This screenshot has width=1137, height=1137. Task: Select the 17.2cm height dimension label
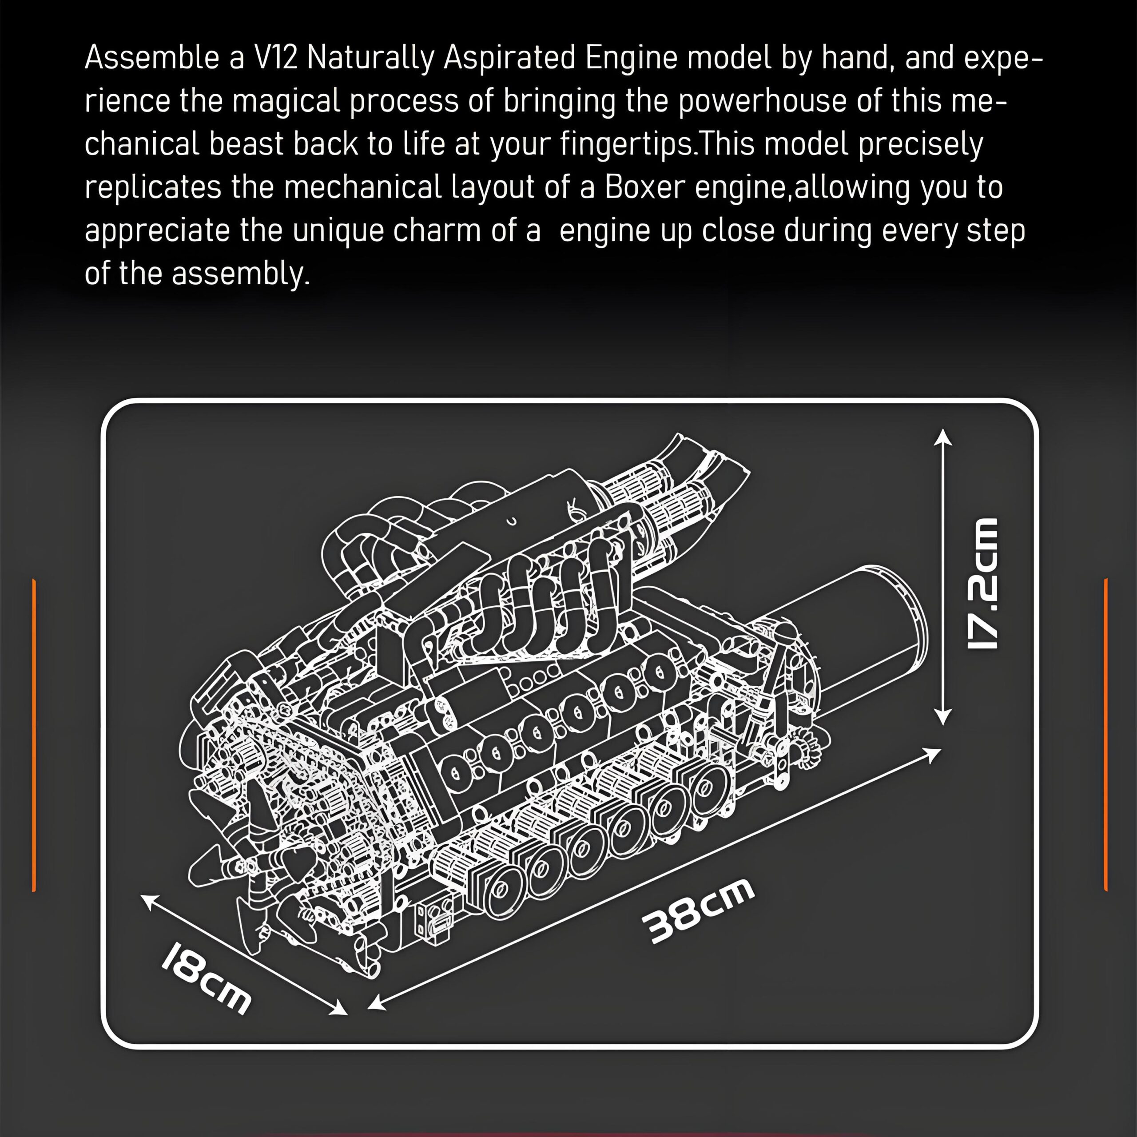tap(982, 583)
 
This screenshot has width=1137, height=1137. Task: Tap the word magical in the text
tap(286, 101)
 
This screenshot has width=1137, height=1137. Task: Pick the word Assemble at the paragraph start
tap(152, 58)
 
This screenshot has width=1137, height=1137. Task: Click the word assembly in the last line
tap(240, 274)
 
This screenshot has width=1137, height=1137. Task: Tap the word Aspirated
tap(509, 58)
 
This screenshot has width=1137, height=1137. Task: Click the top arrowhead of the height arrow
tap(943, 436)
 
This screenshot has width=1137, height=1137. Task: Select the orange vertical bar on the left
tap(34, 735)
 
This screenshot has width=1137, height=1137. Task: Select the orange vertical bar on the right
tap(1106, 735)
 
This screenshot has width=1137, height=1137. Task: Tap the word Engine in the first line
tap(631, 58)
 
